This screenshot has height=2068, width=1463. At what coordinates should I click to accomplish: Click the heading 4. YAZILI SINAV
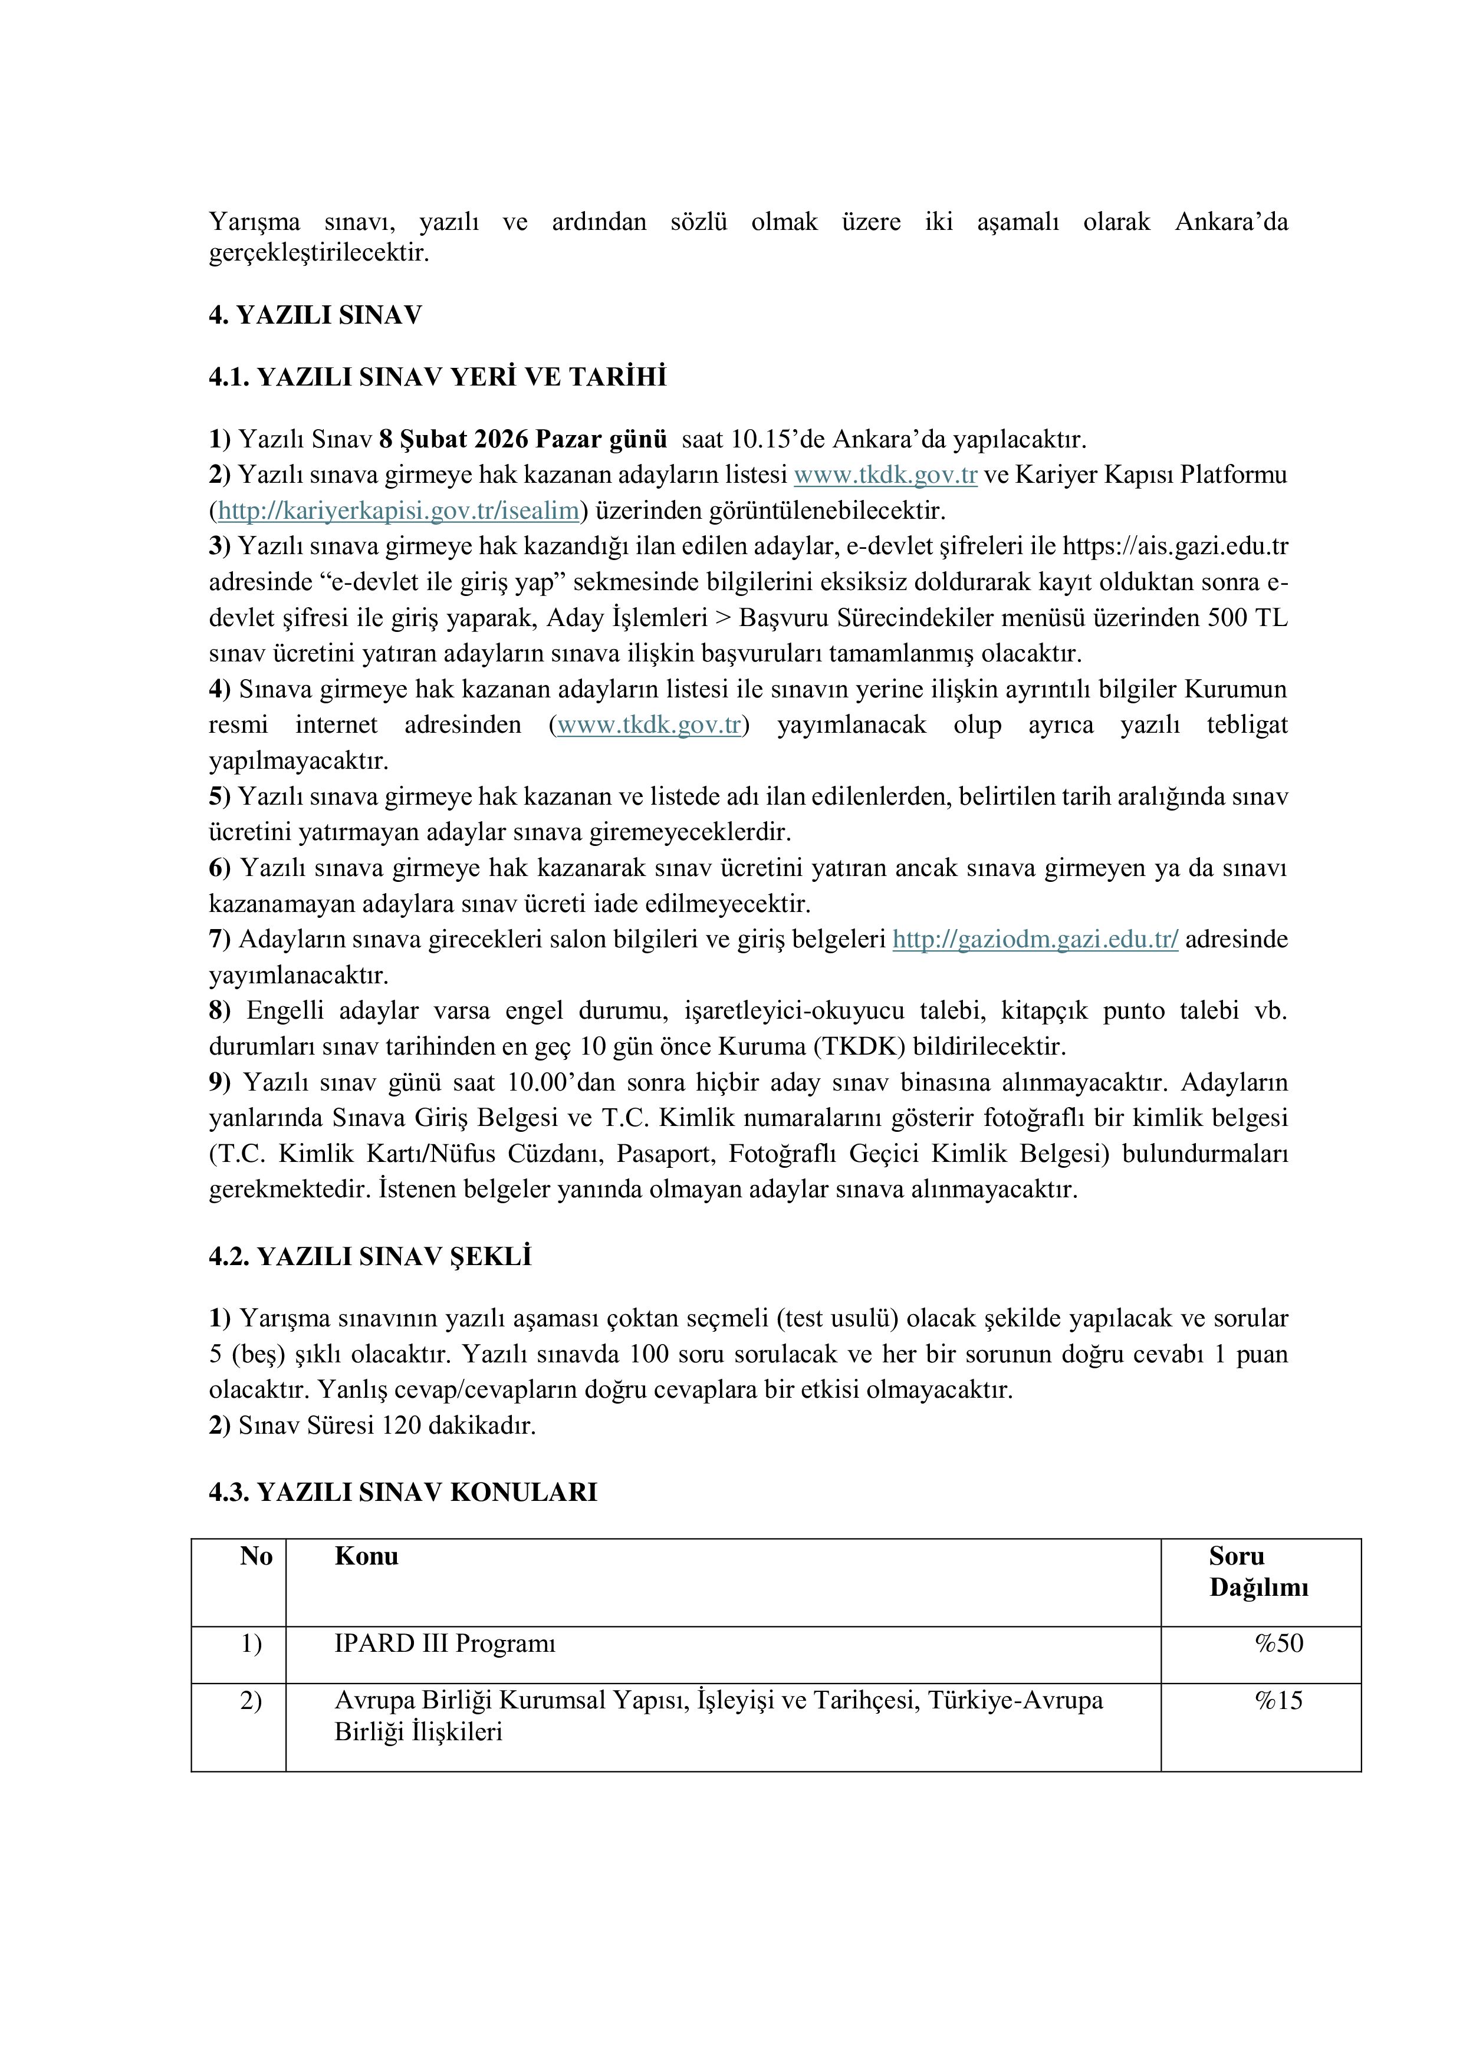(x=315, y=315)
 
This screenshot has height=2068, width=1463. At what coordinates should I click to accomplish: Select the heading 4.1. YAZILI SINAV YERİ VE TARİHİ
(x=438, y=377)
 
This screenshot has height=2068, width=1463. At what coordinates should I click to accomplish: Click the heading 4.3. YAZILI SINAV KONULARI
(x=403, y=1493)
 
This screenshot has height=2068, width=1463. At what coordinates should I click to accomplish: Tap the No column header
(x=256, y=1556)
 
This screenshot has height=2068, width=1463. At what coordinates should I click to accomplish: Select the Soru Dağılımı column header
(x=1258, y=1572)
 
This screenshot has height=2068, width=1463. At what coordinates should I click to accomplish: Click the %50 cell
(x=1278, y=1643)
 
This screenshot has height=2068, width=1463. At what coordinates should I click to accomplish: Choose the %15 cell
(x=1278, y=1700)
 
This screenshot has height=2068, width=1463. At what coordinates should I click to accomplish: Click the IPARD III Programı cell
(x=445, y=1643)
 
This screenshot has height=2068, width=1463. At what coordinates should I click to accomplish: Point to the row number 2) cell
(x=251, y=1700)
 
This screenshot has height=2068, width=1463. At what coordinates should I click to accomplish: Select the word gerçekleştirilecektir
(x=319, y=253)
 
